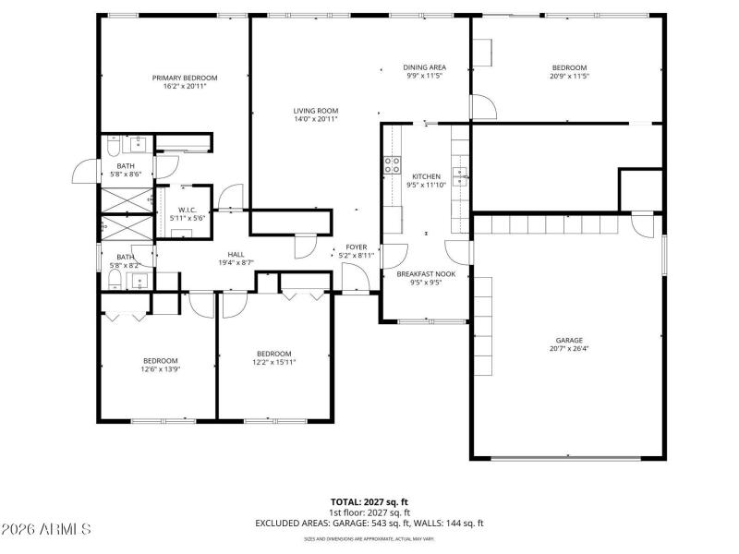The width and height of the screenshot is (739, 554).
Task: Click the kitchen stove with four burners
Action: click(391, 165)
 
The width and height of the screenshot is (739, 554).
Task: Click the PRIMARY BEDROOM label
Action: click(185, 78)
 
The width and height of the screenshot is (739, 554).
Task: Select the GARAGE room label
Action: click(569, 340)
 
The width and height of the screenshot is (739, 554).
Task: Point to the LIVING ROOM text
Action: click(316, 111)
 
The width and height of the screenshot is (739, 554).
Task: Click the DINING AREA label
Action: click(425, 67)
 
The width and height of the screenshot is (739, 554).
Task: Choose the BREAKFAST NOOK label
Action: click(426, 274)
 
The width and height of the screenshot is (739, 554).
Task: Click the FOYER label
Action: click(356, 247)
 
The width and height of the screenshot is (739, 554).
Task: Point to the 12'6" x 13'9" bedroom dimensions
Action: click(160, 369)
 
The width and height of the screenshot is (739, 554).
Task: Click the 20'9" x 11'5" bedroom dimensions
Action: click(569, 76)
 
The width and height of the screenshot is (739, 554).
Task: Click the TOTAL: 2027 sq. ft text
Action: click(369, 501)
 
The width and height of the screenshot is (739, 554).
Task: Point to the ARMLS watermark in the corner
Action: click(46, 529)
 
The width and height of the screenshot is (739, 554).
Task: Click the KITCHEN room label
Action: click(426, 176)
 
